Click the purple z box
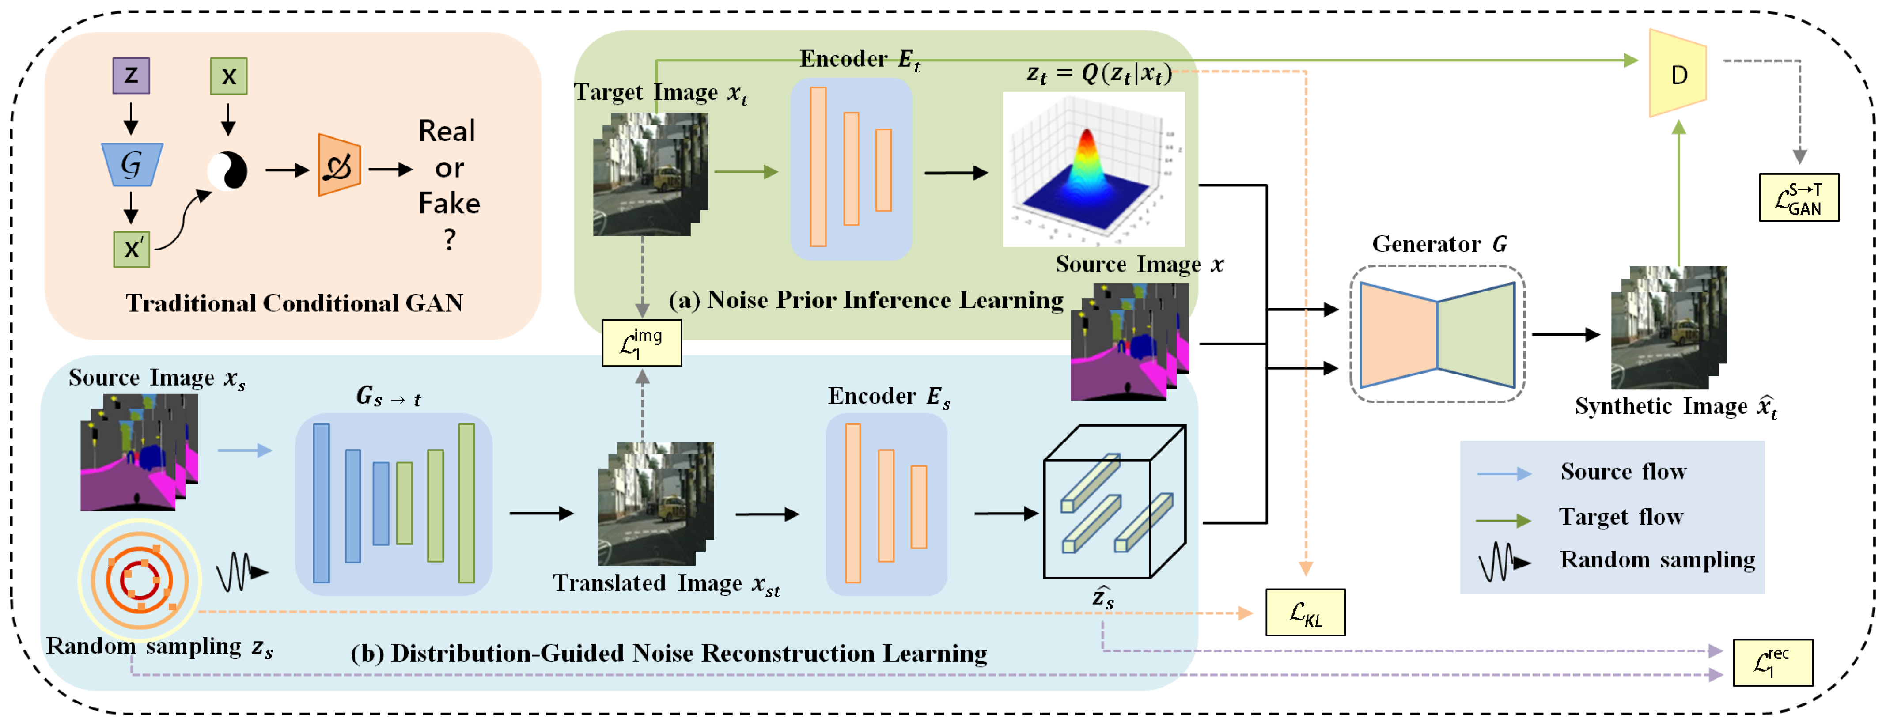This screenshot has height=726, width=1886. coord(131,76)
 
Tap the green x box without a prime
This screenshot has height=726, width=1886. coord(228,76)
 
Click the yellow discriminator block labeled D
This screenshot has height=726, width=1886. coord(1678,73)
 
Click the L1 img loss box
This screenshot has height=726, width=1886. coord(641,343)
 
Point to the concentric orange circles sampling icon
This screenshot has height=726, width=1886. coord(139,580)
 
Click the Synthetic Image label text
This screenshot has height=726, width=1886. coord(1675,407)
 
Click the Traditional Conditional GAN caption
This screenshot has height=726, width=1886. coord(294,303)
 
